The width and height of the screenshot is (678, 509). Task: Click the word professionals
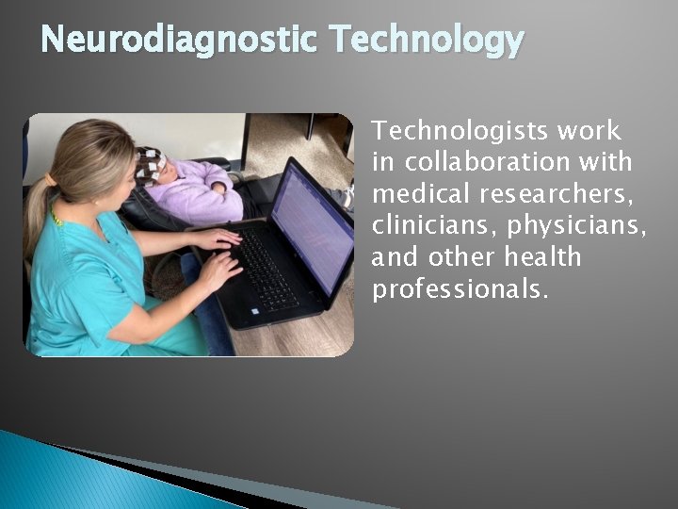459,289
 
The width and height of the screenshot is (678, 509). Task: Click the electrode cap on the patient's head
150,163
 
